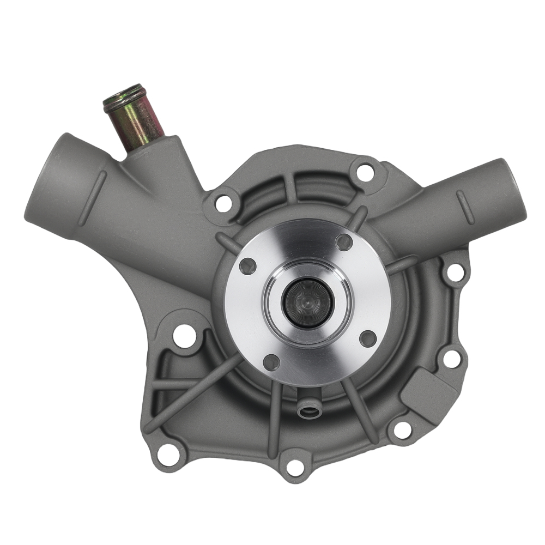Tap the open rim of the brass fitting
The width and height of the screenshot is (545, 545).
[124, 95]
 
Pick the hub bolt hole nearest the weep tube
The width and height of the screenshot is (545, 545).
[271, 361]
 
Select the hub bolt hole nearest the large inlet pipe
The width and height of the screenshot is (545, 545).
[247, 267]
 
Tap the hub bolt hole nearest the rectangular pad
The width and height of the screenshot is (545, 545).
[368, 338]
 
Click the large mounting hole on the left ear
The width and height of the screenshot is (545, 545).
[184, 335]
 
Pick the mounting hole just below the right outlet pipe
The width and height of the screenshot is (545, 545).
[456, 272]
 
